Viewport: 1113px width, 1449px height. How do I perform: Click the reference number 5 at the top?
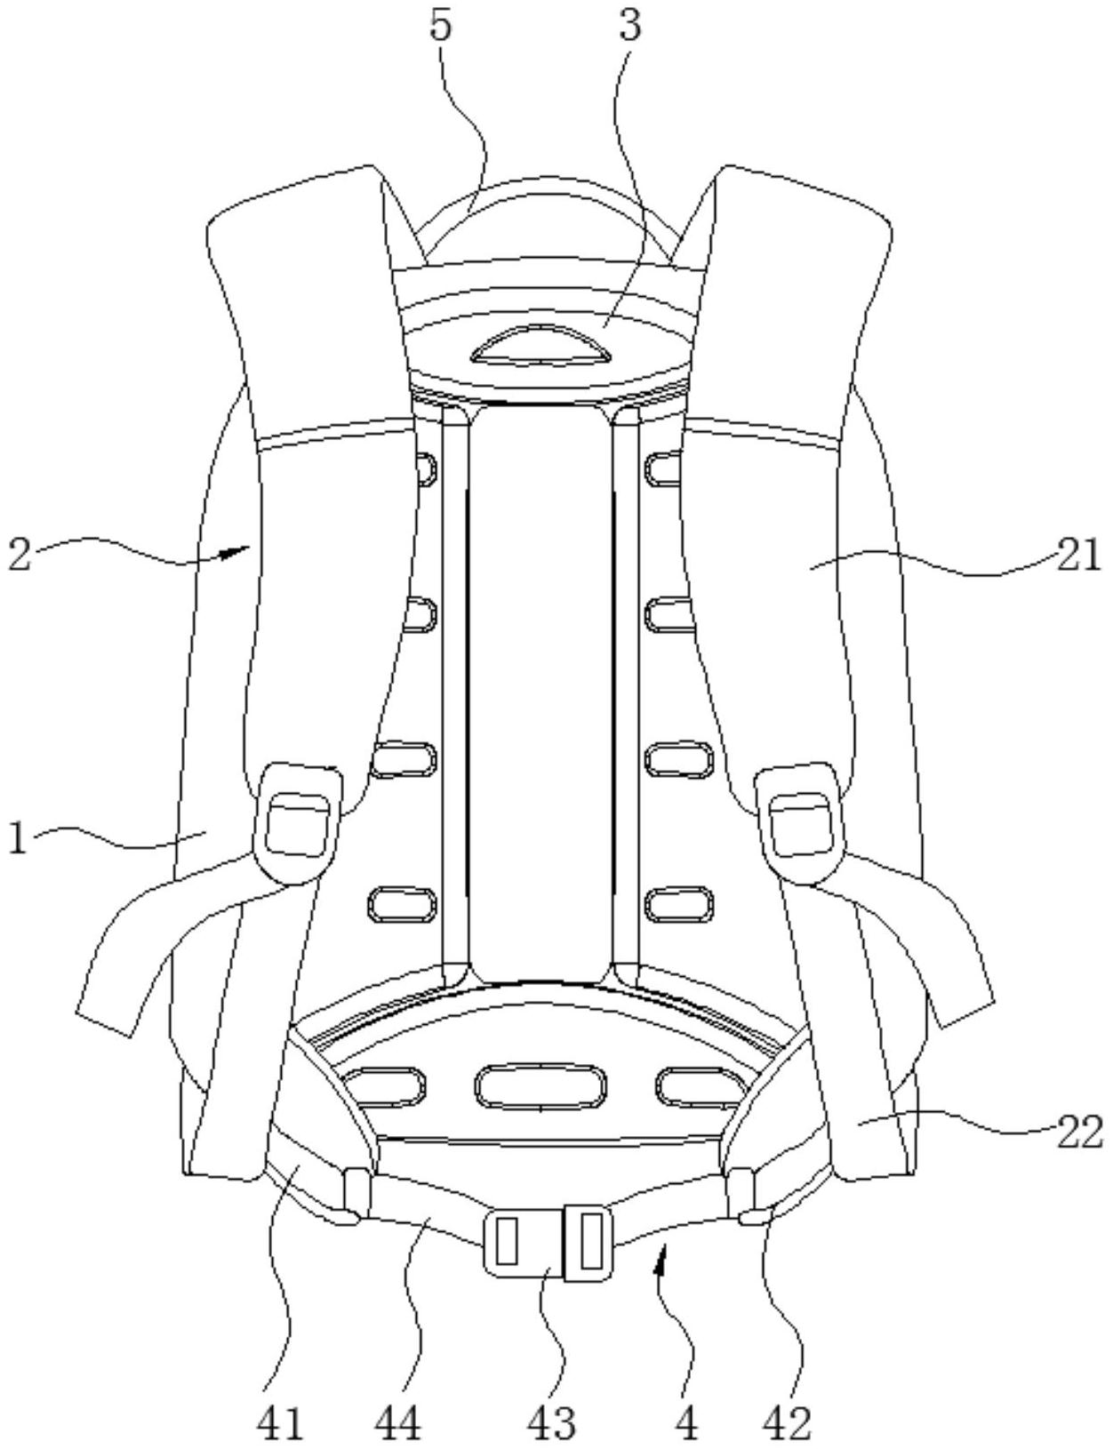pos(442,26)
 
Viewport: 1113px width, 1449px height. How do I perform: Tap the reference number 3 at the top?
pos(628,26)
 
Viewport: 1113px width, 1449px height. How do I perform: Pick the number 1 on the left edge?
pos(19,839)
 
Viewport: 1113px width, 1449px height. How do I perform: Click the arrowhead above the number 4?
pos(661,1258)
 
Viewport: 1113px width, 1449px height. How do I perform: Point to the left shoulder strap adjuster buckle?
pos(298,825)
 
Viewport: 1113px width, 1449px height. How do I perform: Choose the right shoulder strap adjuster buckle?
pos(800,825)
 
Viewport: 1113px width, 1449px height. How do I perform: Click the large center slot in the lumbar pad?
pos(540,1085)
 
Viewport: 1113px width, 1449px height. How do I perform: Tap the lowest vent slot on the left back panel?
pos(403,903)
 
